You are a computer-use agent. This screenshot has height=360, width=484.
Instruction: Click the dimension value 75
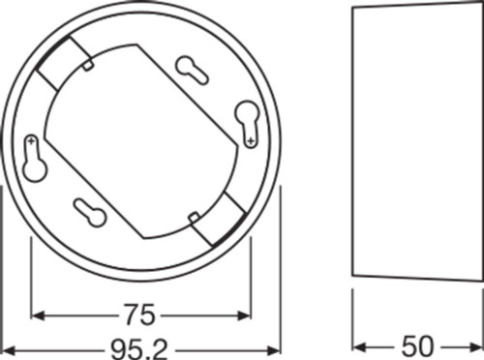pos(142,315)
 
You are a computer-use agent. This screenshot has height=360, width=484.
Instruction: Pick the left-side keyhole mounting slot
pos(36,164)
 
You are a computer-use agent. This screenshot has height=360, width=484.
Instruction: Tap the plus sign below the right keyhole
pos(252,143)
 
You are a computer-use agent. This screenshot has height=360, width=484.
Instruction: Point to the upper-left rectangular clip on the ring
pos(62,64)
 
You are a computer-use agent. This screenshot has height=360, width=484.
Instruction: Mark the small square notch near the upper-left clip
pos(88,65)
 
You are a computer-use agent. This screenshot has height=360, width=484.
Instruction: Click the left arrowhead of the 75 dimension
pos(38,315)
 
